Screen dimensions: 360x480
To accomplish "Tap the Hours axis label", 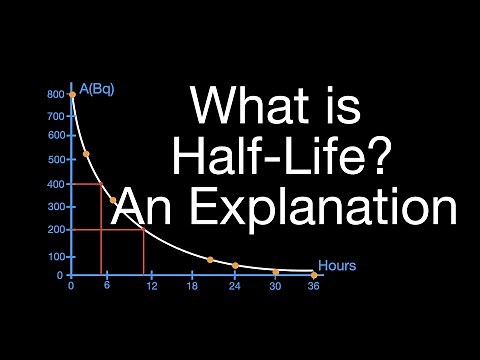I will tap(337, 266).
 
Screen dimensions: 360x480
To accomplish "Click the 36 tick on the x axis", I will tap(314, 287).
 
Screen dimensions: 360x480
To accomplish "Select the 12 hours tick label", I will tap(151, 287).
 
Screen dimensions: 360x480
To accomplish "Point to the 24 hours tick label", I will tap(234, 287).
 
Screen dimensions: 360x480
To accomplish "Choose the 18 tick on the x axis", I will tap(192, 287).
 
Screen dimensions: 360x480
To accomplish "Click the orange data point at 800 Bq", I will tap(72, 95).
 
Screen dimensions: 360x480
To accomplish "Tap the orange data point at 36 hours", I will tap(314, 275).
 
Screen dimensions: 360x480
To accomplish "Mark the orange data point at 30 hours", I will tap(275, 272).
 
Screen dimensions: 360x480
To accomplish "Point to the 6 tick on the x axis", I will tap(106, 287).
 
